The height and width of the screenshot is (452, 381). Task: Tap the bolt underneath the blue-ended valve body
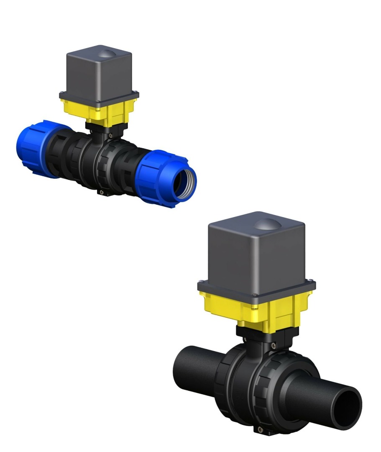tap(101, 193)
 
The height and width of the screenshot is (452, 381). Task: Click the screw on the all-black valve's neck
tap(273, 345)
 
